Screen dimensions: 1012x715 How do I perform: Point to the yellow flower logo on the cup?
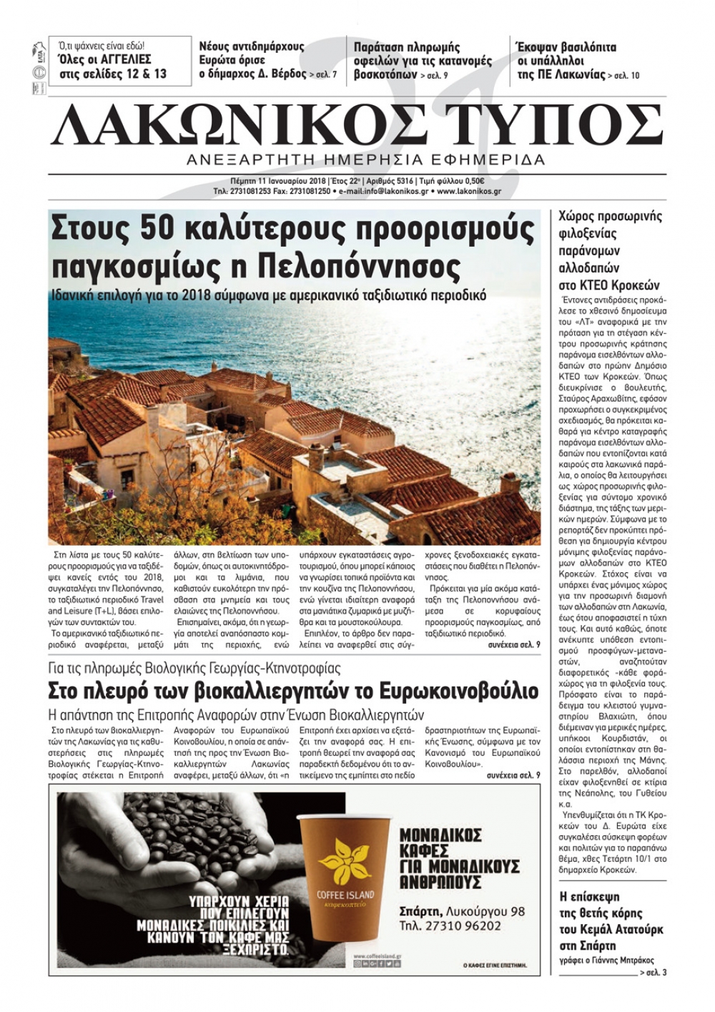(345, 859)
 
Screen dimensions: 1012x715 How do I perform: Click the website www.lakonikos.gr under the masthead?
(468, 192)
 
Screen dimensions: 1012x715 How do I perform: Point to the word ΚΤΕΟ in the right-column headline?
(585, 285)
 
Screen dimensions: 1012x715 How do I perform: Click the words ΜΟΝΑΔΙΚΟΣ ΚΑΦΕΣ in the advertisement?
(440, 842)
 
